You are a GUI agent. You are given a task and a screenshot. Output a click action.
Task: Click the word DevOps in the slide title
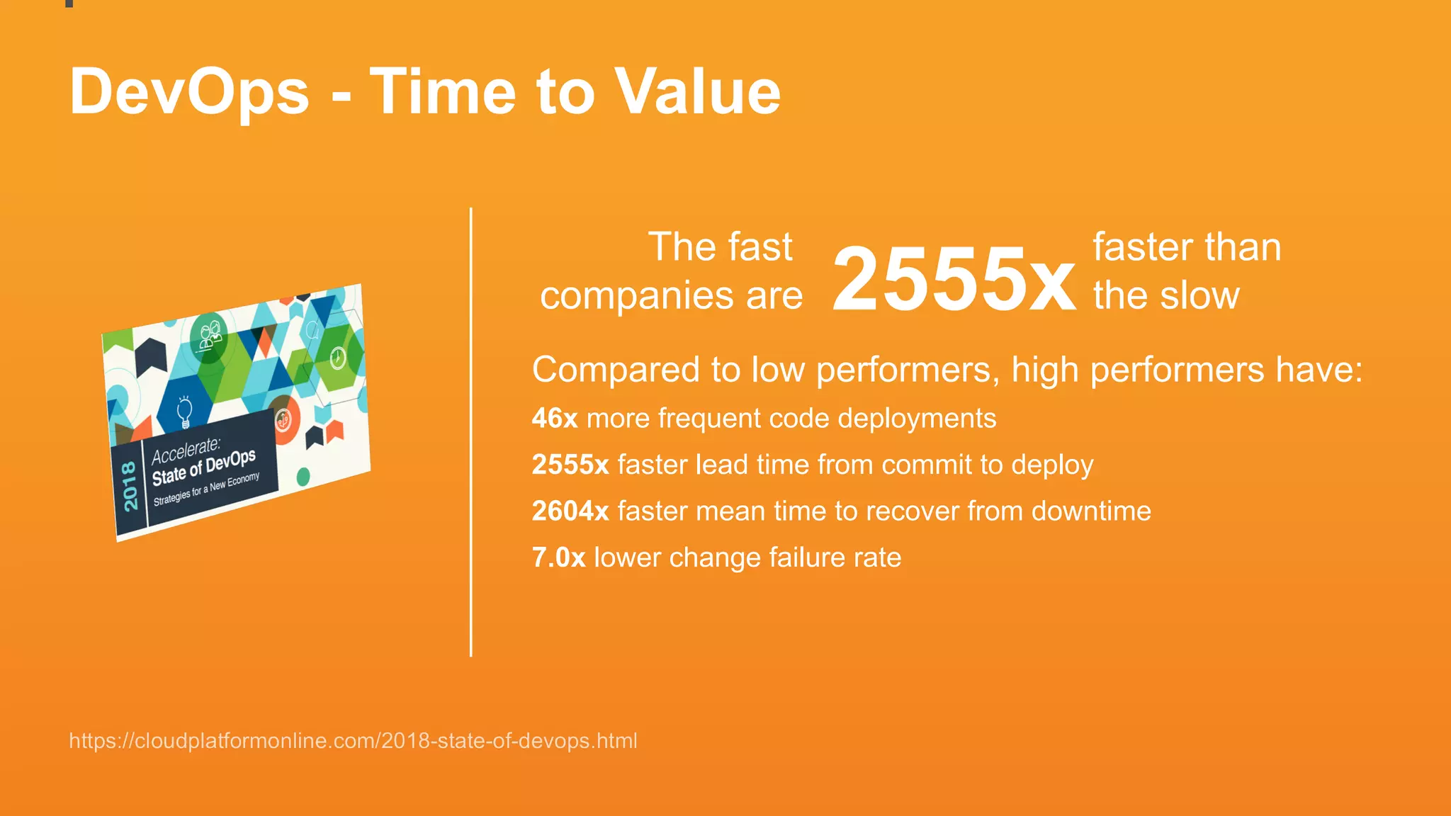coord(189,92)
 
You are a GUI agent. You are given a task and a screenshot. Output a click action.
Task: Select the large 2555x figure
coord(953,278)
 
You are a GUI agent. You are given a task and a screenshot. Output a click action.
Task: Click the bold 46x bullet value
coord(555,418)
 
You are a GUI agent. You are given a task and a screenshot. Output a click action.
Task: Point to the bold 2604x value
coord(570,511)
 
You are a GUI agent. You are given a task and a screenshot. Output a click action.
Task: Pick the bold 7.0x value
coord(558,557)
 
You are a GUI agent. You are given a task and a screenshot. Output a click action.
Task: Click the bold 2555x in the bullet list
coord(570,465)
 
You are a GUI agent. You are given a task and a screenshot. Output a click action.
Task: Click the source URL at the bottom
coord(353,741)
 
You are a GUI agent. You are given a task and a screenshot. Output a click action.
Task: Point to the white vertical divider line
coord(470,432)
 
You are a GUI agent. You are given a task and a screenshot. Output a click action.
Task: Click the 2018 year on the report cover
coord(130,486)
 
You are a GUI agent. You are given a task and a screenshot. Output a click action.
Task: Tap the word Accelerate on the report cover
coord(186,450)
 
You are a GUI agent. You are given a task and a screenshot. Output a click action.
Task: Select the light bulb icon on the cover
coord(184,412)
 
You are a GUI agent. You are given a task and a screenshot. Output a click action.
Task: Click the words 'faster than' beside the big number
coord(1187,247)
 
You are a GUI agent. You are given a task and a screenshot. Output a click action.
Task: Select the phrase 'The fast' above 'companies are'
coord(720,247)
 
